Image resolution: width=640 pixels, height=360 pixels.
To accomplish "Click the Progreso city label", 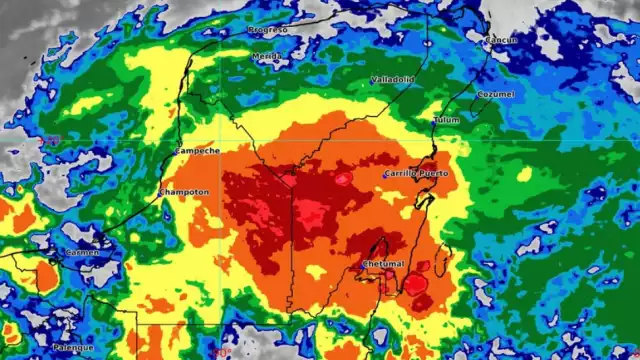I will point(267,30).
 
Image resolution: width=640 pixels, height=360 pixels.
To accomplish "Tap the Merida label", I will point(267,56).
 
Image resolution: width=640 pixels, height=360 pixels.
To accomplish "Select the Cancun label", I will point(501,40).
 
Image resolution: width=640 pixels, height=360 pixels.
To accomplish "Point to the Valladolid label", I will point(392,79).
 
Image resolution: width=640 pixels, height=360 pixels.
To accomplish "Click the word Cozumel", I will point(496,94).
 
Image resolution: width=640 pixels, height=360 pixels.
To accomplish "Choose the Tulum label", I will point(446,120).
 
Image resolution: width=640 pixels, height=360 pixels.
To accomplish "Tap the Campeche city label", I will point(197,151).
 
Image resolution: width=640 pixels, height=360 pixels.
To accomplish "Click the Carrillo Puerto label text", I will point(417,173).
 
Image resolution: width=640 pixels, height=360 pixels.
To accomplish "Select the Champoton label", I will point(184,191).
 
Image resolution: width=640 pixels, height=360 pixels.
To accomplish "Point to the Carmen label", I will point(83,253).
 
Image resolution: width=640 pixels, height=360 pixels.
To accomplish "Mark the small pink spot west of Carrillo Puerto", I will point(343,179).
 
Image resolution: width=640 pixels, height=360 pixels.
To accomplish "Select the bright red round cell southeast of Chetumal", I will point(415,284).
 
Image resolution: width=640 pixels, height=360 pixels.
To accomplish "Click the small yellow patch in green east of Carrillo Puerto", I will point(524,174).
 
